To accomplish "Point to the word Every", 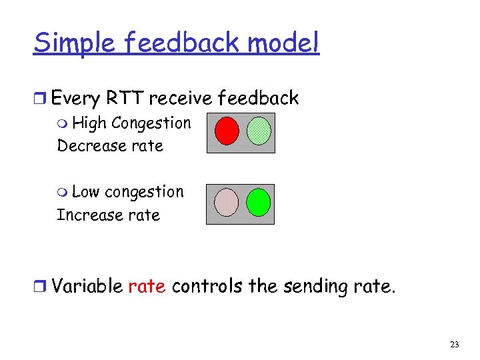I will tap(75, 99).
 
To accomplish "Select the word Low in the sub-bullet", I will tap(85, 192).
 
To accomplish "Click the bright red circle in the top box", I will tap(227, 131).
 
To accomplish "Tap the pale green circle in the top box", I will tap(259, 131).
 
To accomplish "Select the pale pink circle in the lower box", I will tap(226, 202).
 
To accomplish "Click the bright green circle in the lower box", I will tap(258, 202).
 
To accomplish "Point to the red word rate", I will tap(146, 287).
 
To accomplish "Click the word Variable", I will tap(87, 287).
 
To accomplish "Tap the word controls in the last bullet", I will tap(207, 287).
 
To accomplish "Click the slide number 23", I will tap(455, 345).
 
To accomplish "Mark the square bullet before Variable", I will tap(41, 287).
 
